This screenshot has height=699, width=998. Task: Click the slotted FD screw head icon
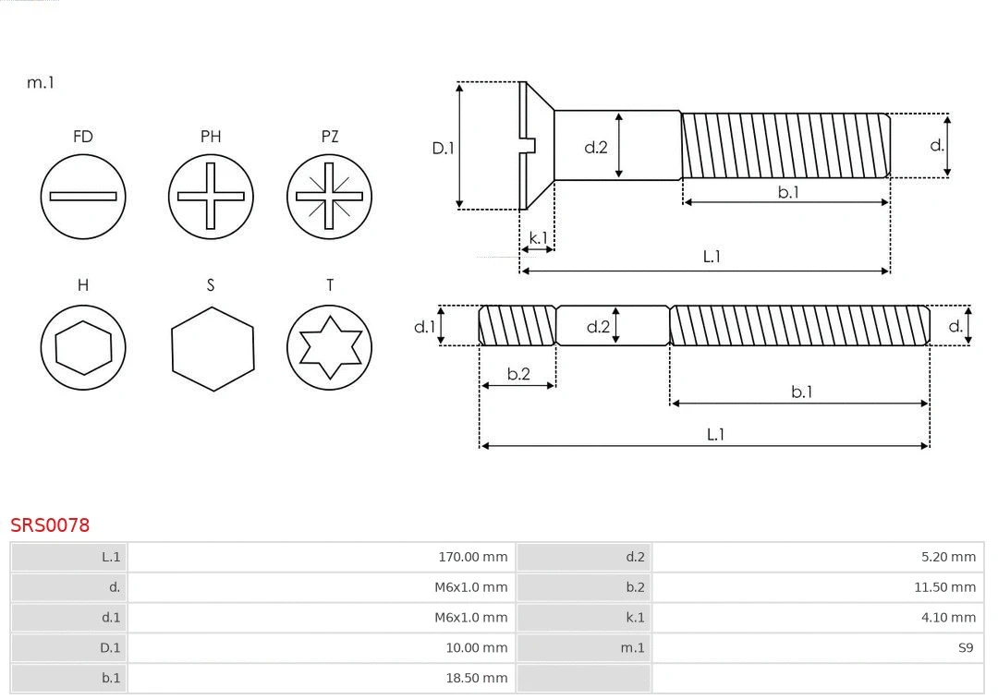point(83,196)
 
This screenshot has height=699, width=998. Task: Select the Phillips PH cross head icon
point(211,196)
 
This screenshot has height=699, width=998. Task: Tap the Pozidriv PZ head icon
point(330,196)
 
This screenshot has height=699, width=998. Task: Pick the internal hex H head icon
point(83,348)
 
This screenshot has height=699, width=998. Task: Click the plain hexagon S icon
point(212,348)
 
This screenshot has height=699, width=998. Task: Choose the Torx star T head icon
point(330,348)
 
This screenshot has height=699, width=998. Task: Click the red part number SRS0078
point(50,525)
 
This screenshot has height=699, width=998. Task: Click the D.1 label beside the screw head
point(444,148)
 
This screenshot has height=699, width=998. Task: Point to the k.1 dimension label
point(538,237)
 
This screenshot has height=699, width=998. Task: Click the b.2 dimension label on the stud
point(518,374)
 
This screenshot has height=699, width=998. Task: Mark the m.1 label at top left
point(41,83)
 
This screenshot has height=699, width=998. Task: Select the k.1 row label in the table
point(635,618)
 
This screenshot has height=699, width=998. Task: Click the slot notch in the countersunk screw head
point(529,145)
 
